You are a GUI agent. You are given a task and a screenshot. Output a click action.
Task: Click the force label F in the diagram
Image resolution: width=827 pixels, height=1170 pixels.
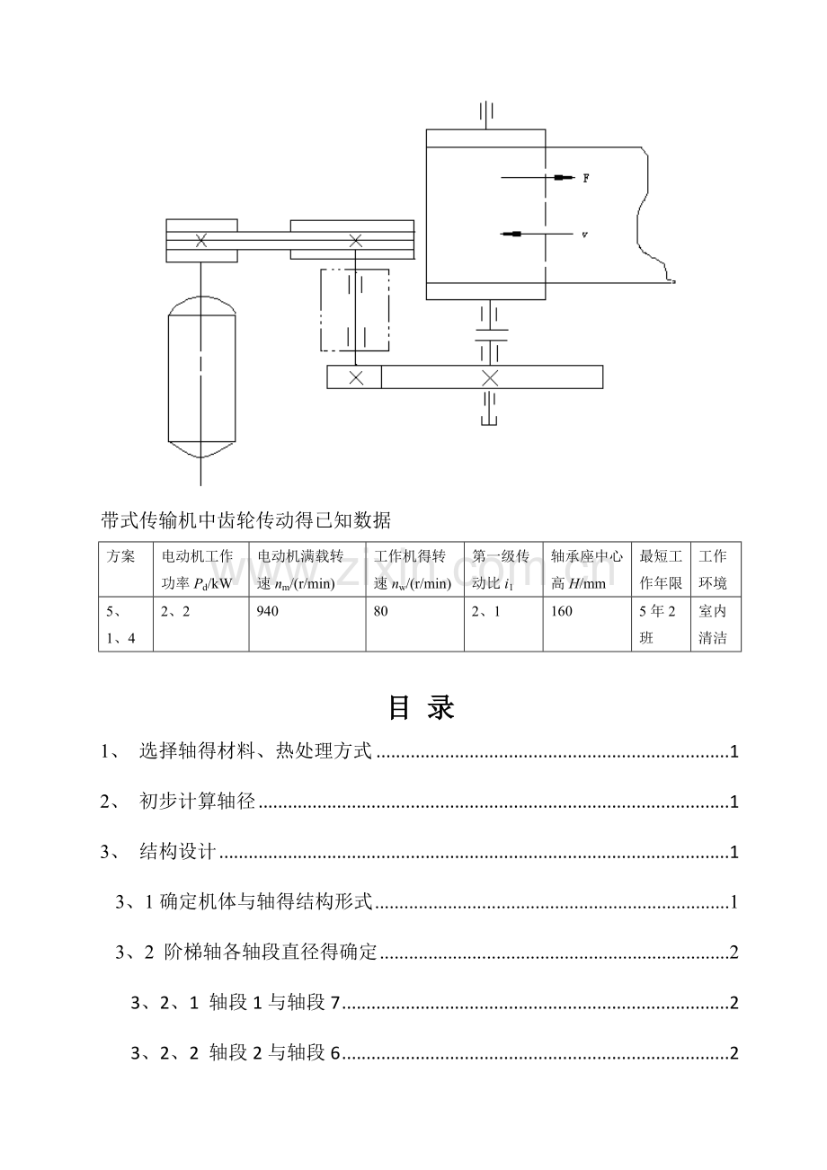click(x=586, y=178)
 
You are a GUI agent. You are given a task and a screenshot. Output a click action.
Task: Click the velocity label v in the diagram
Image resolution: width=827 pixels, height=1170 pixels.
click(x=585, y=235)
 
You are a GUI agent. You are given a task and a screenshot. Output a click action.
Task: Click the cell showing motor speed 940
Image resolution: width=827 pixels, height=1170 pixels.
click(x=268, y=611)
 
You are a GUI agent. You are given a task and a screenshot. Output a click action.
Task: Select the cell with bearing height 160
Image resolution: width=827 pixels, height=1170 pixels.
click(x=563, y=611)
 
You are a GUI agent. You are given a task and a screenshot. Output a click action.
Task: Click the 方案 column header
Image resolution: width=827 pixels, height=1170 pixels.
click(x=121, y=557)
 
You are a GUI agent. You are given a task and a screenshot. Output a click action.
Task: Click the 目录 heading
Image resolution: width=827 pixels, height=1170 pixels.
click(x=422, y=708)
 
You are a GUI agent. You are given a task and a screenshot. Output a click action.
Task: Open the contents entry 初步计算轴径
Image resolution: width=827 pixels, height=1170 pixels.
click(x=199, y=802)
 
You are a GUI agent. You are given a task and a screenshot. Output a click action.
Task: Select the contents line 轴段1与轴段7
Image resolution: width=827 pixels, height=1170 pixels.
click(x=273, y=1003)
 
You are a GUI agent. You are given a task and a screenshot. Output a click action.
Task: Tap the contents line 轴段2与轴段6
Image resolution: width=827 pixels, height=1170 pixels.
click(x=273, y=1053)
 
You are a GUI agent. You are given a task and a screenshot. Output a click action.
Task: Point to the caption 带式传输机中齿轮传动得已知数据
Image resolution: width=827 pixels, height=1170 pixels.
click(x=246, y=519)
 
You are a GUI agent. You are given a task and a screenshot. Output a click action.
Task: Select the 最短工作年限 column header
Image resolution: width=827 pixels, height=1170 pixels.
click(x=661, y=570)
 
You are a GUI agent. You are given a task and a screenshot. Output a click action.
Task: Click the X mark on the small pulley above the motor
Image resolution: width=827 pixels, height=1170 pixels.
click(x=201, y=240)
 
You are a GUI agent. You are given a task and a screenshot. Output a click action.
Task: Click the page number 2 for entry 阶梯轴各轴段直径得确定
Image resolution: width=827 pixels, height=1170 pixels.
click(x=734, y=953)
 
